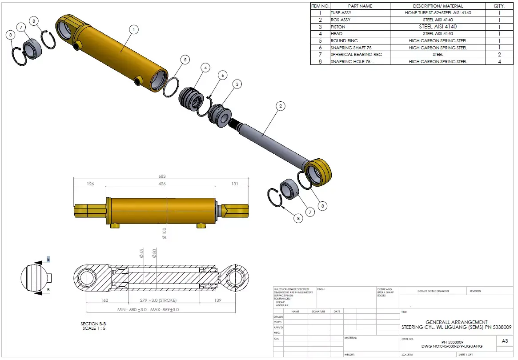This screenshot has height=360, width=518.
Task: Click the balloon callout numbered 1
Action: [133, 29]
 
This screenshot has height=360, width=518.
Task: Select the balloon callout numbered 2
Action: [280, 106]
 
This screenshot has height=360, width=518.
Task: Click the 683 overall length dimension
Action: [161, 176]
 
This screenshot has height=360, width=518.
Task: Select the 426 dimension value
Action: [161, 184]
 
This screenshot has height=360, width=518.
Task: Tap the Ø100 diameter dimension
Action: [165, 234]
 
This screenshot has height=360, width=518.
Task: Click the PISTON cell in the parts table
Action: [338, 27]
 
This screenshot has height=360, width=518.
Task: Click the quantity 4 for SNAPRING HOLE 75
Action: [499, 61]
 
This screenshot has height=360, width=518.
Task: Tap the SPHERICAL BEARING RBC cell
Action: [356, 55]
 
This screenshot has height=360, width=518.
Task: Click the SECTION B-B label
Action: [93, 324]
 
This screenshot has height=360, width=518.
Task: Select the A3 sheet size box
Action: [505, 341]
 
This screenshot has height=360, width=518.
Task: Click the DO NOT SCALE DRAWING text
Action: [433, 291]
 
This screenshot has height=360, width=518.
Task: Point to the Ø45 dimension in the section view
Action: [142, 253]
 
